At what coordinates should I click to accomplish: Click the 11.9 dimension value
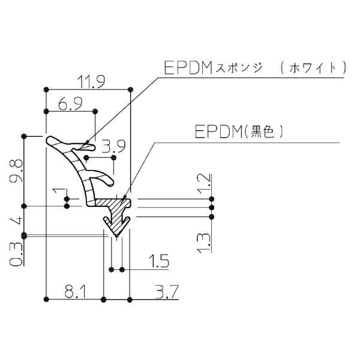click(x=89, y=81)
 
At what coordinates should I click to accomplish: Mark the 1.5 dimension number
click(x=157, y=262)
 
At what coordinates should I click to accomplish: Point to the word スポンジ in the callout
click(x=239, y=68)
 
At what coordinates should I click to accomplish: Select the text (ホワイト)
click(x=312, y=68)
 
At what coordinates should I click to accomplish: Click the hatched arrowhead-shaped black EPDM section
click(x=116, y=216)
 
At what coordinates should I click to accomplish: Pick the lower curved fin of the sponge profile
click(x=104, y=178)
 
